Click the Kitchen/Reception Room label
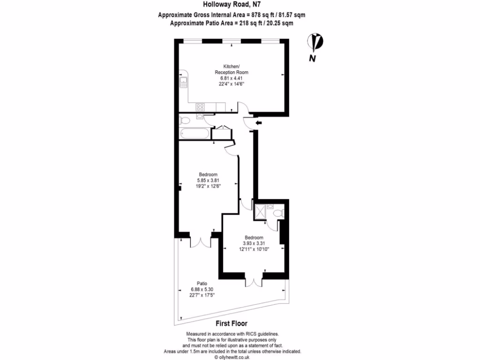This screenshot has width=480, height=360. click(x=232, y=69)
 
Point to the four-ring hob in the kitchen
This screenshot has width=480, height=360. click(x=200, y=106)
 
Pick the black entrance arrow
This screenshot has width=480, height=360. click(x=258, y=123)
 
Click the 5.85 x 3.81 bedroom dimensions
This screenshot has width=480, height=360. click(x=208, y=180)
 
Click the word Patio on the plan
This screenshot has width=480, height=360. click(x=202, y=284)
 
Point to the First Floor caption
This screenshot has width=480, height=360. click(x=232, y=323)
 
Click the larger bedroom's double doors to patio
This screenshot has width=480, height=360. click(x=201, y=242)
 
